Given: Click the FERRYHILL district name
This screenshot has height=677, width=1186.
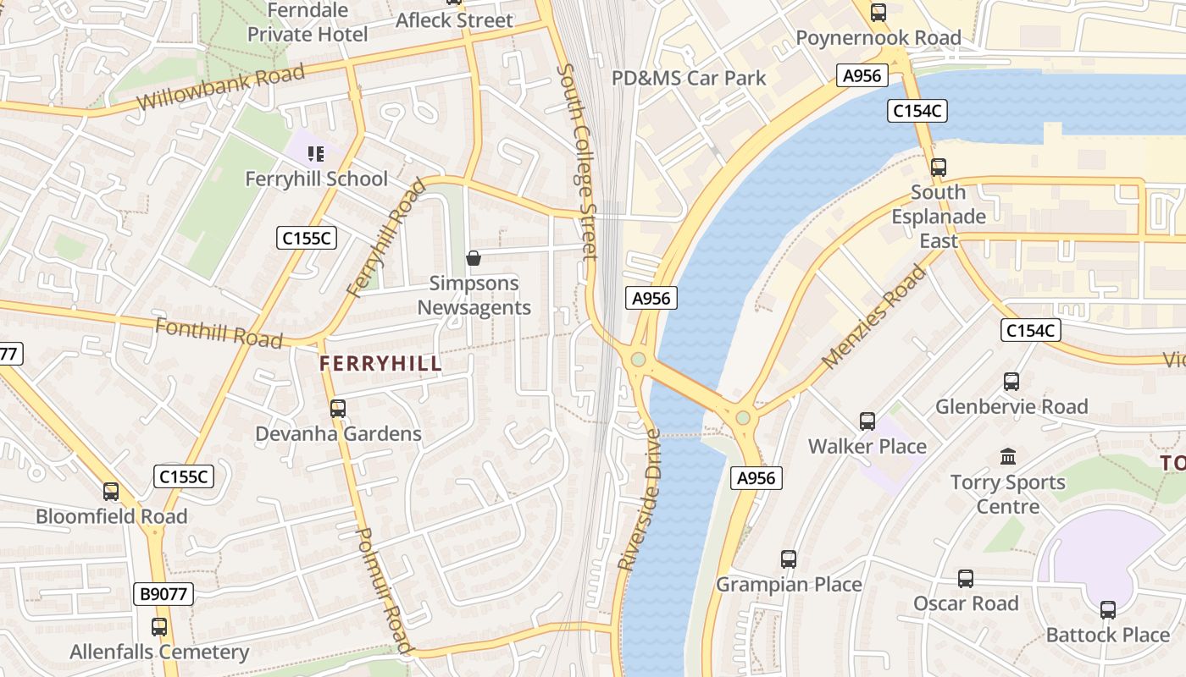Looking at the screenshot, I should click(380, 364).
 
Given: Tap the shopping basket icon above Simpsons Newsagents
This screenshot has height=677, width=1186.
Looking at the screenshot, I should click(474, 258).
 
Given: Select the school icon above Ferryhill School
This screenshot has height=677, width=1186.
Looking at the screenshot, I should click(316, 154).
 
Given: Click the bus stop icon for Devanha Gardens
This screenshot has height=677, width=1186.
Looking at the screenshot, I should click(338, 409).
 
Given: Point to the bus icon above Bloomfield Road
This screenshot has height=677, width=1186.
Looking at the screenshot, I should click(111, 492).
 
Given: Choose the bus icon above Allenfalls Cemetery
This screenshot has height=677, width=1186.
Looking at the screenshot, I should click(159, 627).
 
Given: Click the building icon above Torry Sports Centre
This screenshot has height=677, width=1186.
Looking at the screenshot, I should click(1008, 457).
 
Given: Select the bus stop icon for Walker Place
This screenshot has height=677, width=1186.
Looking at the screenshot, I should click(867, 421).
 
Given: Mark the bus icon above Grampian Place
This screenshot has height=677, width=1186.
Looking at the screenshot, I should click(789, 559).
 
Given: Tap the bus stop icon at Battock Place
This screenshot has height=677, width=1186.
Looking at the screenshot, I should click(1108, 610).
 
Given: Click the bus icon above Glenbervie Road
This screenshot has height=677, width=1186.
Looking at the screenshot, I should click(1011, 382).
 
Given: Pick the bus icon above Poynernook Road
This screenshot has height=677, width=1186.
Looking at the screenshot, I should click(878, 13).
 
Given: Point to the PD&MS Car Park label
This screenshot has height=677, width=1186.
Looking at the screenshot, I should click(689, 79).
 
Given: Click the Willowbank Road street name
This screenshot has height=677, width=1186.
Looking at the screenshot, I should click(220, 88).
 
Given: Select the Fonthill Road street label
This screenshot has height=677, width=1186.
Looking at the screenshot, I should click(219, 333).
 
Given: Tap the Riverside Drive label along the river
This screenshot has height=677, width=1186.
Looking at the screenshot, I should click(640, 499).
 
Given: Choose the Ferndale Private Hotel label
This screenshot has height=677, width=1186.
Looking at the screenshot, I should click(308, 23).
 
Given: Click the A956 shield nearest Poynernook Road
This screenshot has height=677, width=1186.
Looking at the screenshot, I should click(862, 76).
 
